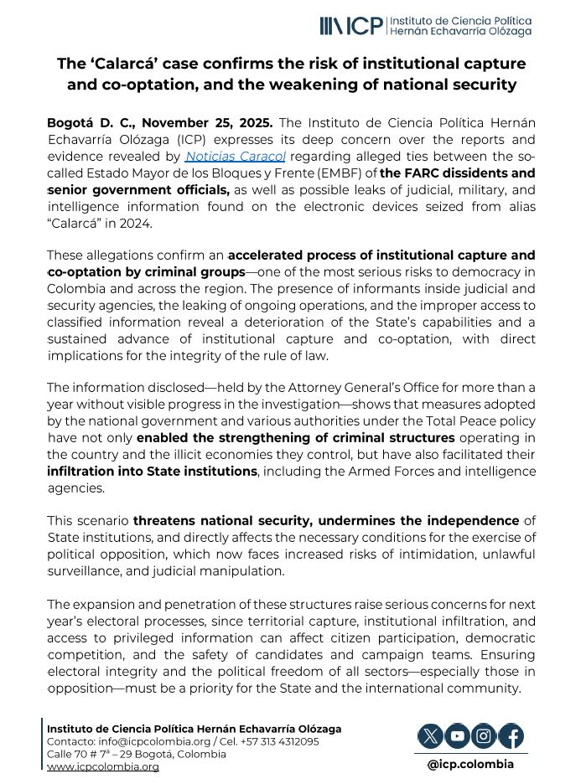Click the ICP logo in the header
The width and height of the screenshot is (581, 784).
(x=351, y=26)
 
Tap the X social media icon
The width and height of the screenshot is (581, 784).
(x=430, y=736)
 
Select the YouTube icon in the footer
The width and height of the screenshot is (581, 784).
(x=457, y=736)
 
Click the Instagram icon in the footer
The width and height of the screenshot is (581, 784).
(x=484, y=736)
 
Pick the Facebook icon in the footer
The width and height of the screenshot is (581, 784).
(x=511, y=736)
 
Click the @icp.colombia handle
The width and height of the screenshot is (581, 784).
(x=470, y=764)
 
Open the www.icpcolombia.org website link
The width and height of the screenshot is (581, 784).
(x=102, y=766)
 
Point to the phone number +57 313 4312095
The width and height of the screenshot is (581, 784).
(x=288, y=741)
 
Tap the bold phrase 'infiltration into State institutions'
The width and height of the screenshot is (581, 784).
(x=152, y=472)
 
